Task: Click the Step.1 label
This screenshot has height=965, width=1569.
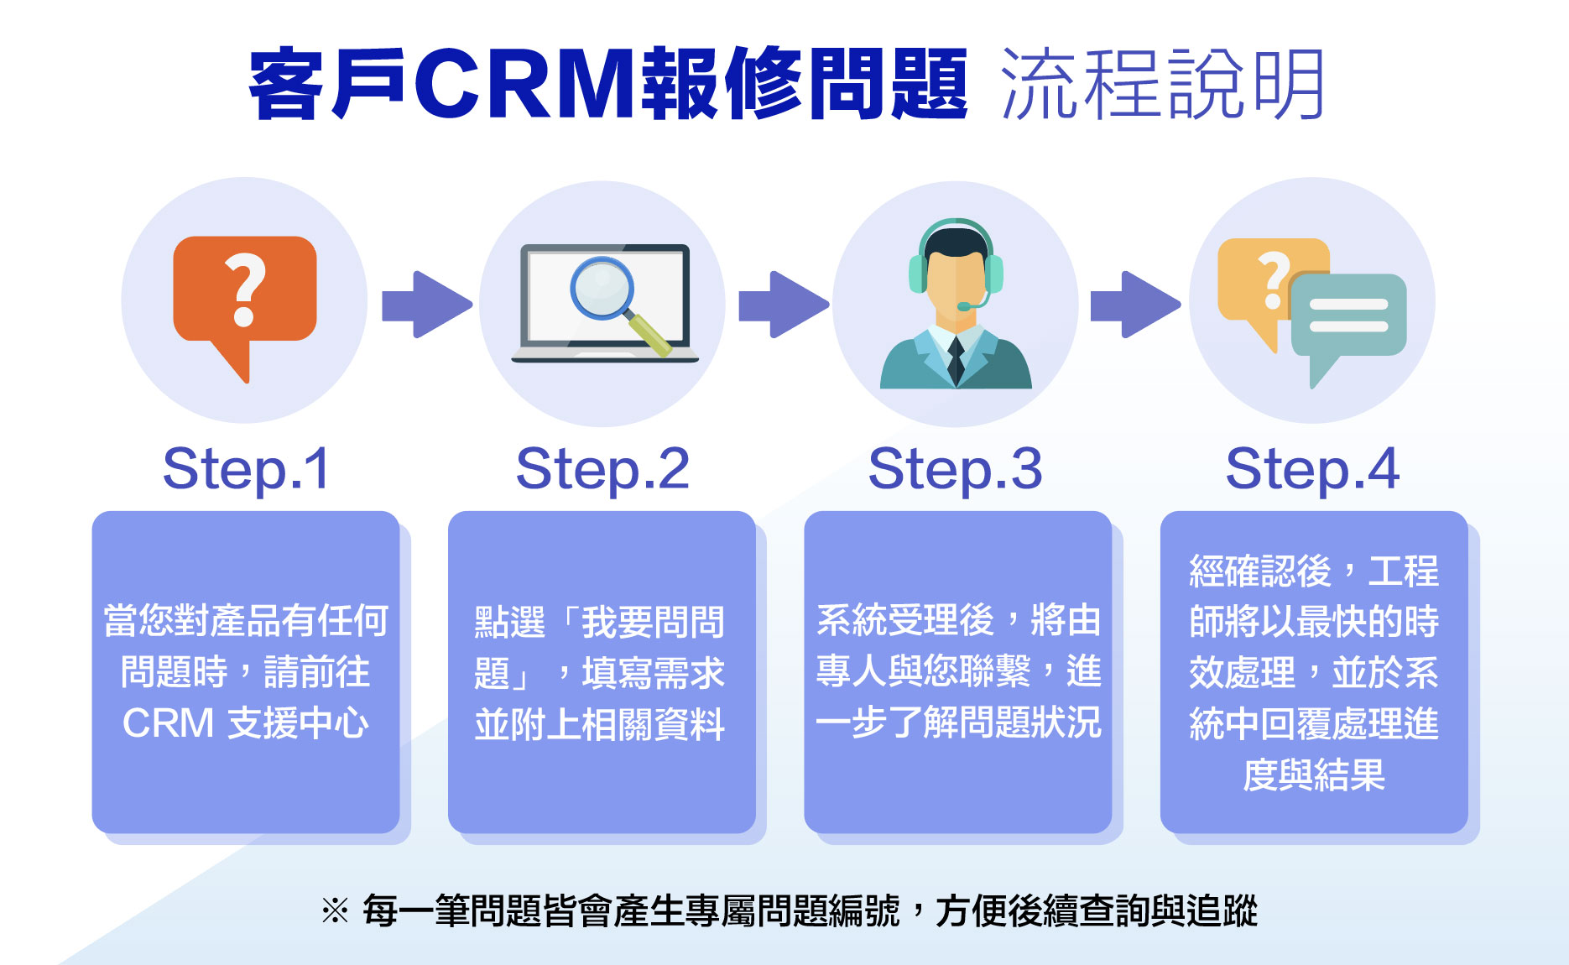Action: [246, 469]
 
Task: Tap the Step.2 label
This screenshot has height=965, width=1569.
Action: [602, 469]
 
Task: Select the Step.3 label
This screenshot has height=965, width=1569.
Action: [955, 469]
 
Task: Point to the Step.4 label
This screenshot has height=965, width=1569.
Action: [1312, 469]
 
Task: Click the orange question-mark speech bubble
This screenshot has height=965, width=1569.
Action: [244, 294]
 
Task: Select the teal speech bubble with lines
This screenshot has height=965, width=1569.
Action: [1347, 319]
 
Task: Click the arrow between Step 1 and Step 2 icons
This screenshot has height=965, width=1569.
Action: [427, 305]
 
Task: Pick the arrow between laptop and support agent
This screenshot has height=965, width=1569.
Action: [784, 305]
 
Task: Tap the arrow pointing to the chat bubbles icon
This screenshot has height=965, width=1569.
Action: [1135, 305]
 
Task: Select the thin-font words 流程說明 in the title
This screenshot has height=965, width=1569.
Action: [1162, 85]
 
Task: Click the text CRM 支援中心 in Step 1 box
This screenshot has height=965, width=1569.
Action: [245, 723]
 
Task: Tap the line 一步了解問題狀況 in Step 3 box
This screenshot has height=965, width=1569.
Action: [958, 722]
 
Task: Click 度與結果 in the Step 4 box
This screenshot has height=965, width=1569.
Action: [1314, 775]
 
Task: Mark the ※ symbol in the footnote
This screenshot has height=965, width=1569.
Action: [335, 911]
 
